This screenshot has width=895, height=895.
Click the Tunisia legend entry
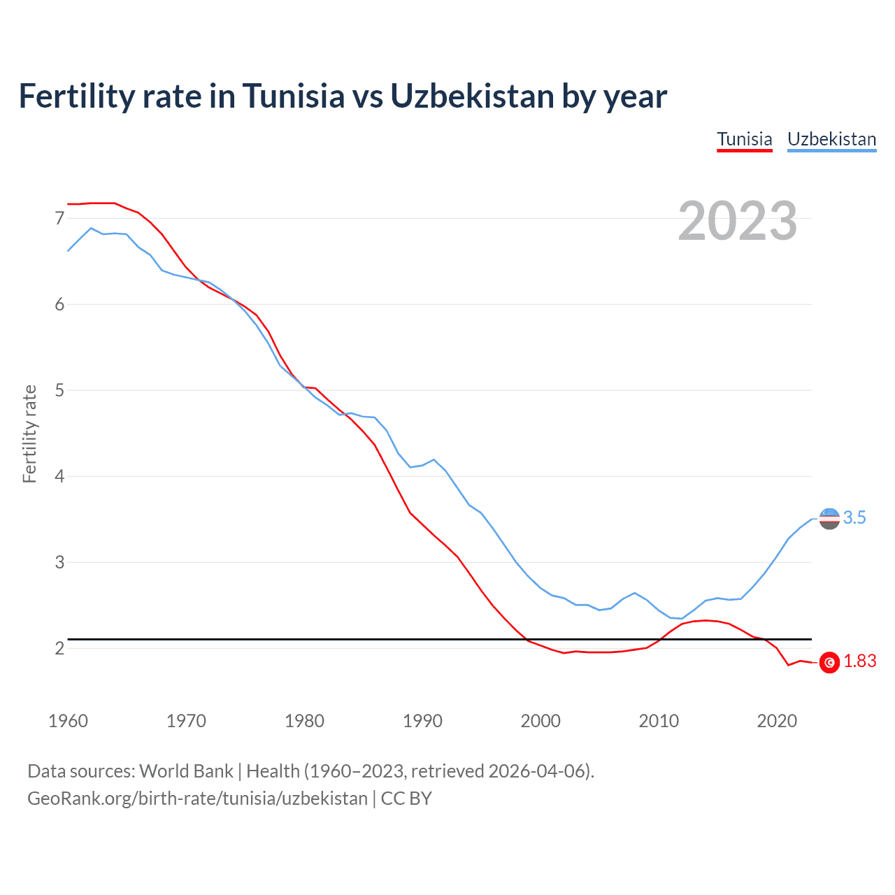(x=745, y=139)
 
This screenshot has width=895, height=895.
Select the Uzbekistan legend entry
(x=831, y=139)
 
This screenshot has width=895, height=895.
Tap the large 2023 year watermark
(x=738, y=221)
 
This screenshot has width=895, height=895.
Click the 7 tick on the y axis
(x=59, y=219)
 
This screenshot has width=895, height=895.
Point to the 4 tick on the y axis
(x=59, y=476)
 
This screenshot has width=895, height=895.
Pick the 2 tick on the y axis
(x=59, y=648)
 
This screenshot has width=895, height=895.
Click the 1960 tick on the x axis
(x=68, y=721)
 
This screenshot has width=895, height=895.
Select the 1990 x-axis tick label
(x=422, y=721)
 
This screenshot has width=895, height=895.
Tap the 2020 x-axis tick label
(x=777, y=721)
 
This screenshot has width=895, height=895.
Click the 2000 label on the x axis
(x=540, y=721)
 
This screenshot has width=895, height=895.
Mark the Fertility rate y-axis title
(x=29, y=434)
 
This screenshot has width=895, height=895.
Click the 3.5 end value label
(x=854, y=517)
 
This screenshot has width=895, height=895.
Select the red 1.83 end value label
(x=859, y=661)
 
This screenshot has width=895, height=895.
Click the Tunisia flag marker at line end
(x=829, y=662)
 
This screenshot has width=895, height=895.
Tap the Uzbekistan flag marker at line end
(x=829, y=518)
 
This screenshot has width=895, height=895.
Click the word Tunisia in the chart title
(x=294, y=96)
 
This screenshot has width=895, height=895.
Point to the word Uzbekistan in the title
(x=472, y=96)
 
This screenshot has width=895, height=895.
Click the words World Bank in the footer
(x=186, y=771)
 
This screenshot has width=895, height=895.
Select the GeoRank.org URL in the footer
(x=197, y=799)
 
